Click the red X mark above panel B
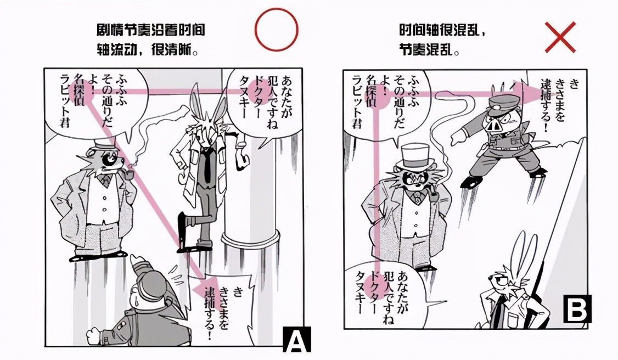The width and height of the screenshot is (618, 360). tap(560, 37)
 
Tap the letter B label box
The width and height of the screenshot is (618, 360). tap(577, 308)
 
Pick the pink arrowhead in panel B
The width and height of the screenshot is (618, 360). tap(533, 93)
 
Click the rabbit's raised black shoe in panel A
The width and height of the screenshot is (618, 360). tap(182, 226)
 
